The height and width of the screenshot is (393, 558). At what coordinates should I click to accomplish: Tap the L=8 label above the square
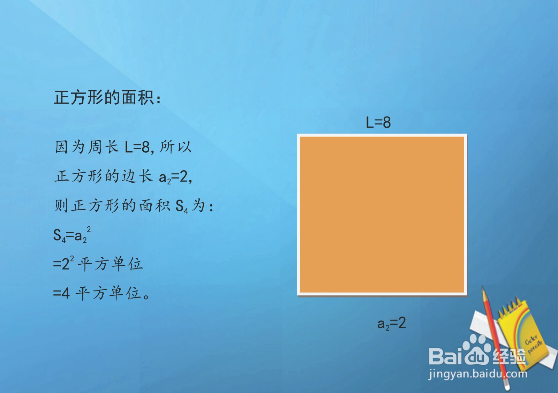tap(378, 123)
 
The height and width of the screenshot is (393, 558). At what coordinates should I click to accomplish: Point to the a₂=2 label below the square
tap(391, 323)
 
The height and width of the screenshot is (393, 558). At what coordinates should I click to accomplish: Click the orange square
tap(382, 214)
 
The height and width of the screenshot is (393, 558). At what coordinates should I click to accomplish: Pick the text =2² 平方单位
tap(98, 264)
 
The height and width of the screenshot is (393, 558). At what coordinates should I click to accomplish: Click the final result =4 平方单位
tap(101, 293)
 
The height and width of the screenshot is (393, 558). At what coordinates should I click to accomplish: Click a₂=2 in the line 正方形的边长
tap(175, 177)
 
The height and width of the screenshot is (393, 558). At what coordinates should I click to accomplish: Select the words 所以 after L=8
tap(175, 147)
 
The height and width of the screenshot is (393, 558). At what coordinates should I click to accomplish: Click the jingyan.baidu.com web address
tap(478, 374)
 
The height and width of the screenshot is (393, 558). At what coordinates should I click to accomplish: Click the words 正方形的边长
tap(103, 176)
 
